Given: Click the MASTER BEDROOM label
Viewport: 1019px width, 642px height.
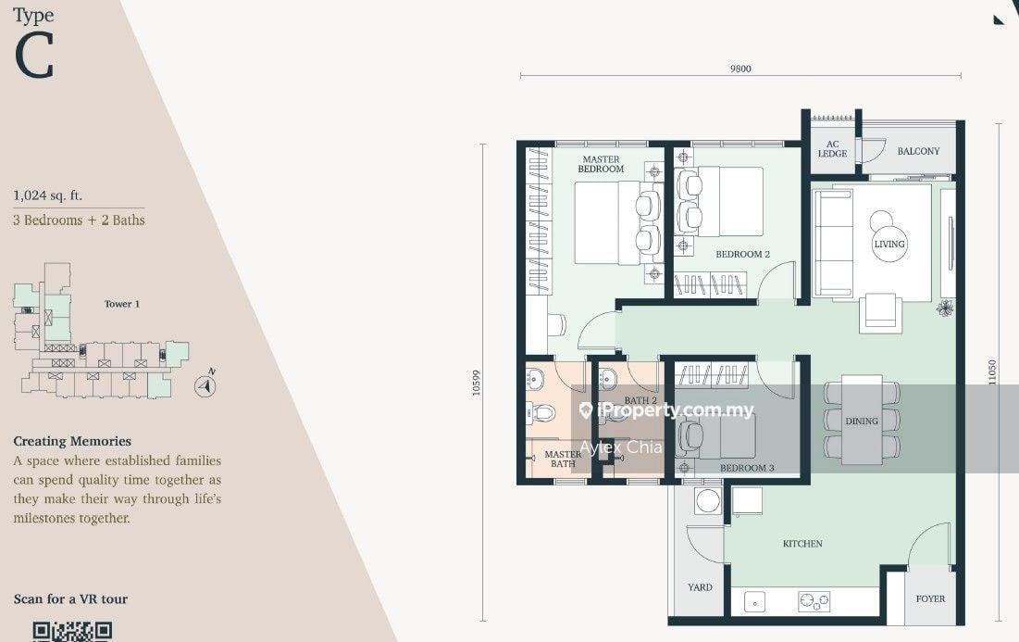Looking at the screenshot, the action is pos(602,164).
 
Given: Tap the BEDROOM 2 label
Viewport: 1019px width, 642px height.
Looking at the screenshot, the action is pos(743,255).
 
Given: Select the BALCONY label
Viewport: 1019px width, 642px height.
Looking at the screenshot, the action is pos(918,151).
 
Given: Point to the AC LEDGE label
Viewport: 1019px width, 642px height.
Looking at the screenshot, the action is pos(832,149).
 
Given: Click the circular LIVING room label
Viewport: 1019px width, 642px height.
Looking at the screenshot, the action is pos(889,244).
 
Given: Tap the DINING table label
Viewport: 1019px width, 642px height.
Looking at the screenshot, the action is pos(862,422).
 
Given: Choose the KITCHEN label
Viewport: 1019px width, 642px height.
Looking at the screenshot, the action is pos(802,544).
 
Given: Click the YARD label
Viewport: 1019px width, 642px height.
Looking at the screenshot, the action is pos(700,587).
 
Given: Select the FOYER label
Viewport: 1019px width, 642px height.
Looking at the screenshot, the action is pos(931,599).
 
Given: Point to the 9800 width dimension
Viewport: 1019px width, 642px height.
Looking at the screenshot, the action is pos(740,69).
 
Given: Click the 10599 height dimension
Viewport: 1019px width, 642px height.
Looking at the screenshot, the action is pos(477,384).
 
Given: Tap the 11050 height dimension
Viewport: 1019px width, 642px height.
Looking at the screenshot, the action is pos(992,372).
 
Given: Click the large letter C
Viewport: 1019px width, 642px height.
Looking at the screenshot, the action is pos(34,57).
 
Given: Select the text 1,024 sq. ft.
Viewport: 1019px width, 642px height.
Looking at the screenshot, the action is pos(47,195).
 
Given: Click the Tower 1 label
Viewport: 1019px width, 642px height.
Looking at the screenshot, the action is pos(121,304).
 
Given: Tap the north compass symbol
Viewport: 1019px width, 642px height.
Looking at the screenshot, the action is pos(206,385).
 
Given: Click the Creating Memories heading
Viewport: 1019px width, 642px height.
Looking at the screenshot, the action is pos(72,441).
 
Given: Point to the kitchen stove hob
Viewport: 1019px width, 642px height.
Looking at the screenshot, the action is pos(814,601).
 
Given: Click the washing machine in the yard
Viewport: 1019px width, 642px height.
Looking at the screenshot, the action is pos(707,501).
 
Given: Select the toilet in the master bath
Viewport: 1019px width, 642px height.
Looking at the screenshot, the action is pos(541,412).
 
